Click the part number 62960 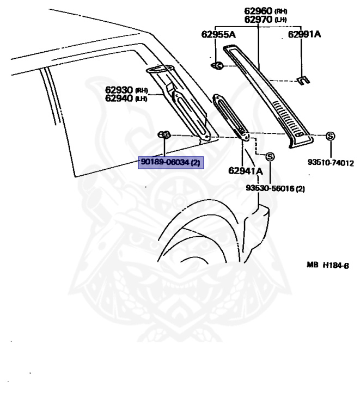(258, 11)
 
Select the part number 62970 (258, 20)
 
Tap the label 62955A (218, 34)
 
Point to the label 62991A (304, 34)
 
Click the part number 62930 (119, 90)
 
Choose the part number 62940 (119, 98)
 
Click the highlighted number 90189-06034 (165, 162)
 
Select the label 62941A (245, 171)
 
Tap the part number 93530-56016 (270, 188)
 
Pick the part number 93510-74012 (331, 163)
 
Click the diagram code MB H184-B (328, 265)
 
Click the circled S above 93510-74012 (331, 136)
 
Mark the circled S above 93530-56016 (270, 157)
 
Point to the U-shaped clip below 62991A (303, 81)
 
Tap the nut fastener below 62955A (217, 65)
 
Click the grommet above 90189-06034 (164, 135)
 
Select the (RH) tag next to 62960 (281, 11)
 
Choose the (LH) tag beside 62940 (142, 99)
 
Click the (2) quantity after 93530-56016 (300, 189)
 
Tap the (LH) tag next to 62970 (280, 20)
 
